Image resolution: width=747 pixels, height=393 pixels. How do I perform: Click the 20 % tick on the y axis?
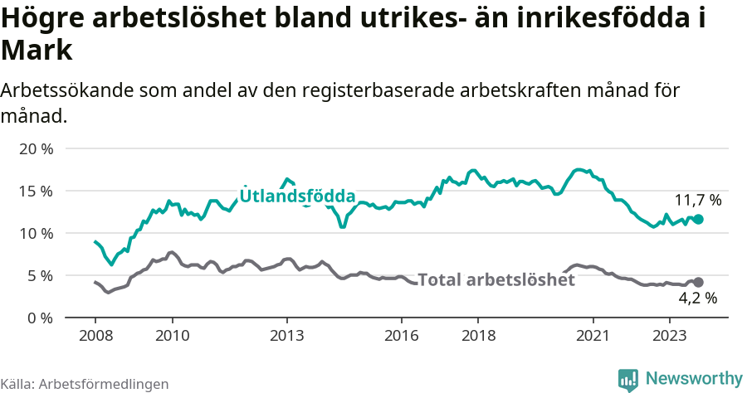pos(35,148)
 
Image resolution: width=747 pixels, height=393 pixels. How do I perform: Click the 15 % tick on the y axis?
pos(35,191)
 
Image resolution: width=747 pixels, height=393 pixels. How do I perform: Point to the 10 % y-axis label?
pos(35,233)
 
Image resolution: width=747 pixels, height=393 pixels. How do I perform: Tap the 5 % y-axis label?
pos(39,275)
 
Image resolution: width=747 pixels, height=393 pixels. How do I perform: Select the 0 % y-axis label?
pos(39,318)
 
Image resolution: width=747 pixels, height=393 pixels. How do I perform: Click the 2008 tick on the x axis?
pos(95,336)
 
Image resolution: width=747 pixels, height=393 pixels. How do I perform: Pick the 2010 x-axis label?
pos(172,336)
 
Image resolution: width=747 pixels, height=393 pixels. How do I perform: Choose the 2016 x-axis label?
pos(402,336)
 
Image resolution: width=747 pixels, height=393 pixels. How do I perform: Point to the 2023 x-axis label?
pos(670,336)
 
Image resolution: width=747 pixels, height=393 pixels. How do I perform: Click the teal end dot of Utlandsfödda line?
pos(699,219)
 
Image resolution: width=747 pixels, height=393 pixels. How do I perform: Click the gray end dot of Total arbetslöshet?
pos(699,283)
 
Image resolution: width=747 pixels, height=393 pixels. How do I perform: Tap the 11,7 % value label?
pos(697,200)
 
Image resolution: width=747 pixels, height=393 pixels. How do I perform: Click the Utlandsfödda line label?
pos(298,196)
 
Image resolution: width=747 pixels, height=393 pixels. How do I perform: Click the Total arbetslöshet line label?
pos(496,280)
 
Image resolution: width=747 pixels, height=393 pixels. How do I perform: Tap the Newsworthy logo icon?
pos(628,379)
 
